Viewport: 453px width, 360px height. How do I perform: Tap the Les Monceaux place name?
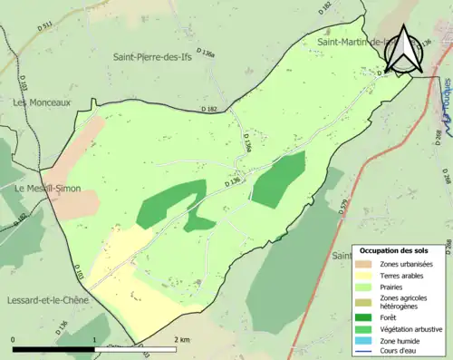tap(41, 102)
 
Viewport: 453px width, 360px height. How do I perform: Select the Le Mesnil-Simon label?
tap(48, 188)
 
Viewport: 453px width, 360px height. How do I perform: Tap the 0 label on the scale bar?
tap(14, 339)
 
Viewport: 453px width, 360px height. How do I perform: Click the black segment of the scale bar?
tap(54, 349)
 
